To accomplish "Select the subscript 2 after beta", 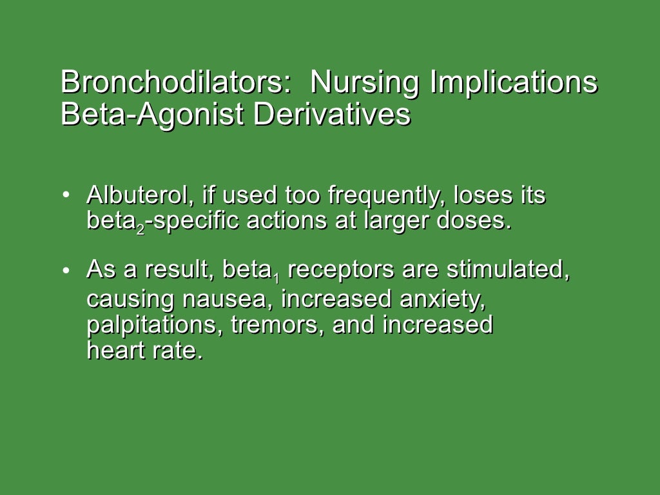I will tap(141, 229).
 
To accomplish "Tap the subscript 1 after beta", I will tap(277, 278).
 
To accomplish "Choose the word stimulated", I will tap(508, 270).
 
